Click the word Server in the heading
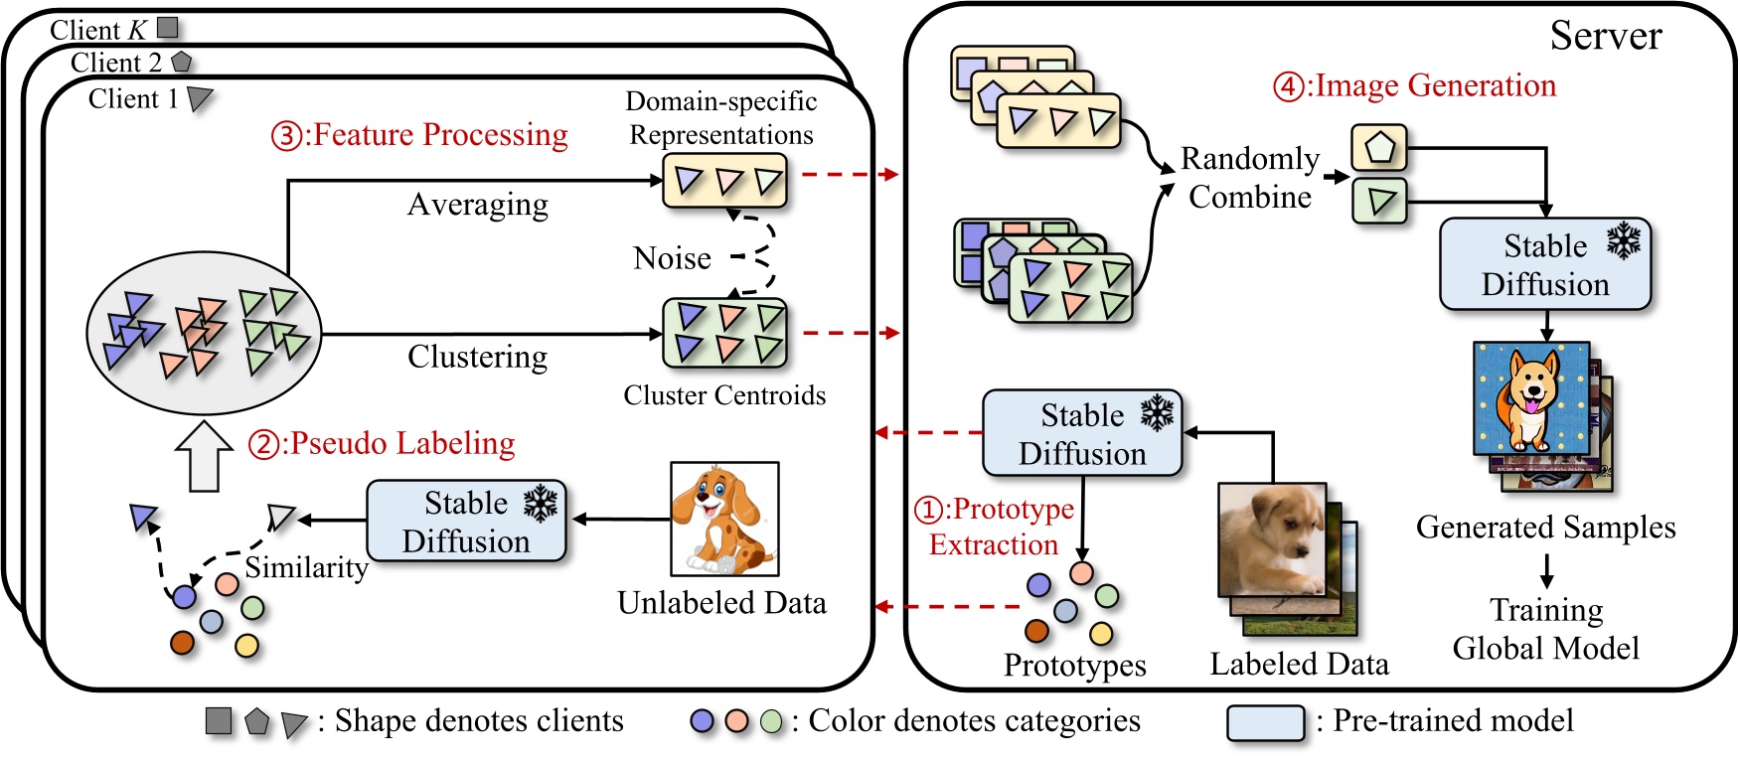pos(1605,37)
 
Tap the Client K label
pos(98,30)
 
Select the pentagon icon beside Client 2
pos(181,62)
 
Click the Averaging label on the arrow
pos(478,205)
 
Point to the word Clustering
pos(477,357)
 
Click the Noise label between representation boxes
pos(672,258)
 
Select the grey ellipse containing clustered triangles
pos(204,333)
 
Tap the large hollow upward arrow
pos(204,456)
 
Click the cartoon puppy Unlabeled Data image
pos(724,519)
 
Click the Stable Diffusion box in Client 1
pos(466,522)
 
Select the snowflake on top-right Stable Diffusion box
pos(1624,241)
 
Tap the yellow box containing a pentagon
pos(1378,148)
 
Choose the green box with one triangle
pos(1378,202)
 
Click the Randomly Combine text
pos(1249,178)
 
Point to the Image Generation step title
pos(1415,86)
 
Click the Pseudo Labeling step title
pos(383,443)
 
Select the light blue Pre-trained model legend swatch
pos(1265,723)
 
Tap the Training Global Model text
pos(1545,629)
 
